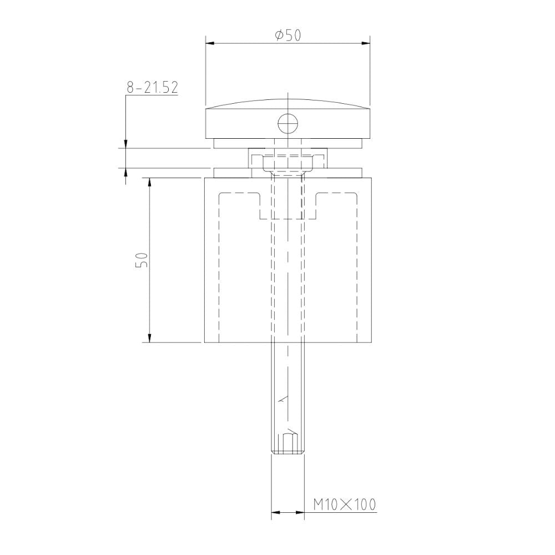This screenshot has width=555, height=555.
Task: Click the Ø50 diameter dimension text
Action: coord(287,34)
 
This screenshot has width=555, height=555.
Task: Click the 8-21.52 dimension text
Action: coord(152,87)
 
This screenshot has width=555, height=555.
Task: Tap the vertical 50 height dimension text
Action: coord(142,260)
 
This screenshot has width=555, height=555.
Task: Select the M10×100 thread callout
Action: coord(344,504)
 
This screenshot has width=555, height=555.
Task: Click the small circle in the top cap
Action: coord(287,123)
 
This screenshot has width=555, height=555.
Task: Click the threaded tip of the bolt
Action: coord(287,444)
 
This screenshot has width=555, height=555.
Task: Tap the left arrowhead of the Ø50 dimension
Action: coord(210,43)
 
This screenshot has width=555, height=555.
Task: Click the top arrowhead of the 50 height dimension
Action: coord(149,182)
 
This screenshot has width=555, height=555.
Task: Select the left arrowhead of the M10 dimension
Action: coord(275,512)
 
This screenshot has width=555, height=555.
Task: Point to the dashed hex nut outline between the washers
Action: coord(287,162)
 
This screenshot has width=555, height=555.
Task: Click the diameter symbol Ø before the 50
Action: coord(280,34)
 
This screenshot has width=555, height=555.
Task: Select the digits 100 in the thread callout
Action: coord(365,504)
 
